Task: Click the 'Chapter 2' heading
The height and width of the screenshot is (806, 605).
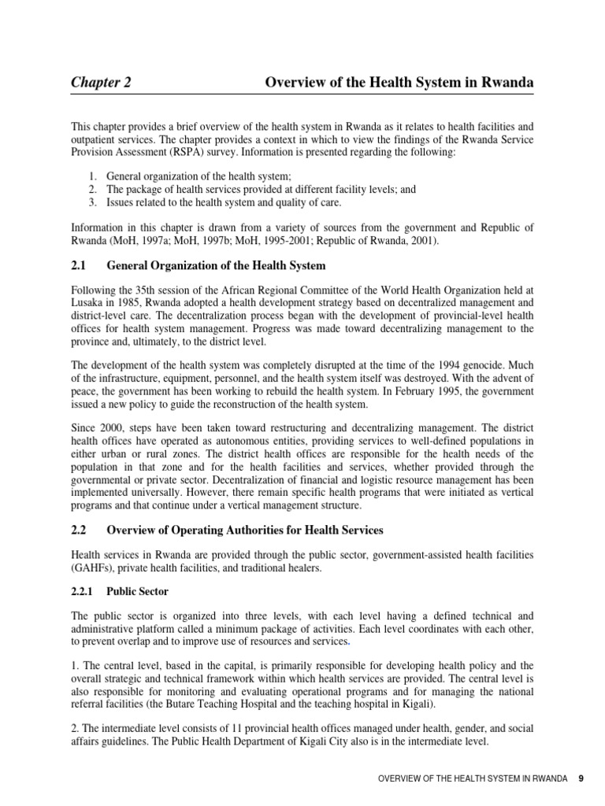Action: [x=102, y=83]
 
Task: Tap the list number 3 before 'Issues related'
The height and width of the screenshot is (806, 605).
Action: [x=92, y=203]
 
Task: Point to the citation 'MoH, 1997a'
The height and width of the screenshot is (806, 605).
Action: [x=138, y=241]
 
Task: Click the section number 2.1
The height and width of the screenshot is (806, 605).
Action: [x=79, y=266]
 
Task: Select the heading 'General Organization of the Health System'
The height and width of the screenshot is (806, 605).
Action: [x=216, y=266]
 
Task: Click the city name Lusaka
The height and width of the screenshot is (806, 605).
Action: [x=87, y=304]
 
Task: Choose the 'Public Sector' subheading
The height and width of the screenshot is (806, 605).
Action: [x=138, y=591]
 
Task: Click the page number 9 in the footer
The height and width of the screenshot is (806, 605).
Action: [x=581, y=778]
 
